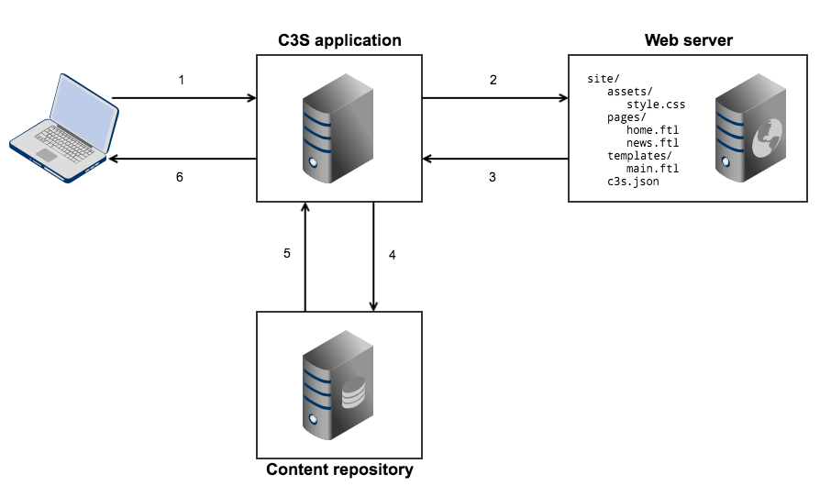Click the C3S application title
[339, 40]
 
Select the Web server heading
[688, 40]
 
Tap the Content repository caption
[339, 470]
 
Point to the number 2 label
[493, 80]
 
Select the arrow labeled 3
[495, 160]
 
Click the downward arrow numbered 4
[373, 257]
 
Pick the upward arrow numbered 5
[305, 257]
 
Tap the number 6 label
[180, 178]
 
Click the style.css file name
[656, 105]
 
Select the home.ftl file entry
[652, 130]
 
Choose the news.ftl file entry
[652, 143]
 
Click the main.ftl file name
[652, 169]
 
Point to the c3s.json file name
[633, 182]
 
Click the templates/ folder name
[639, 156]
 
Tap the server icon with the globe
[748, 128]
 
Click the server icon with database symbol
[338, 385]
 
